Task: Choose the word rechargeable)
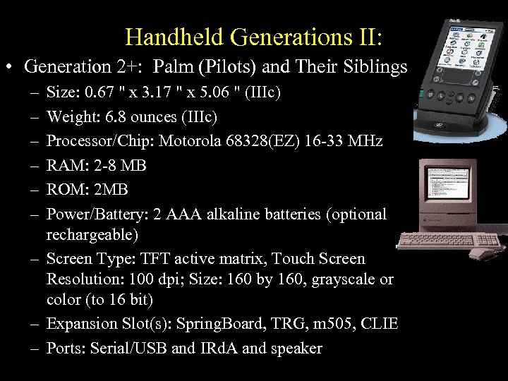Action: tap(91, 234)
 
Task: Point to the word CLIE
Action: tap(380, 324)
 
